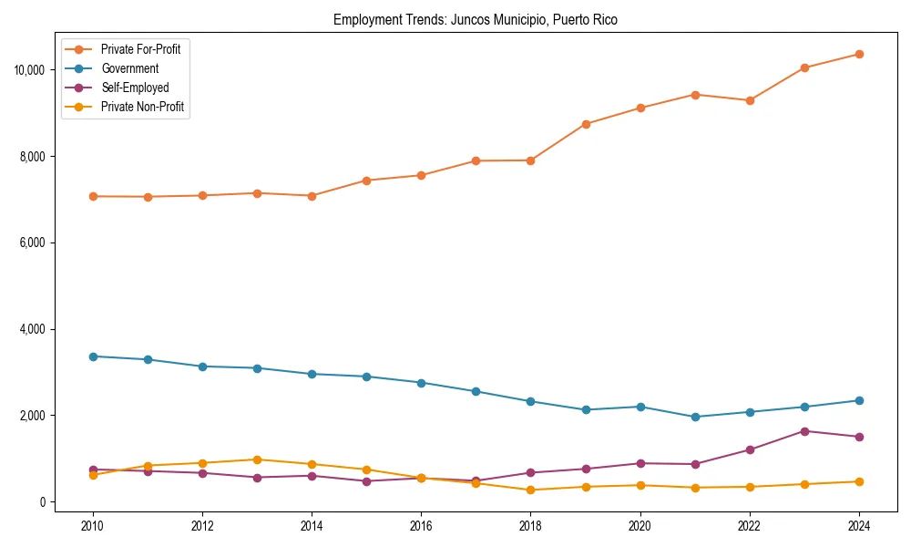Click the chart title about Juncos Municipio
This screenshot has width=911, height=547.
tap(476, 20)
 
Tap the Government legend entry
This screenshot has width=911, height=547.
tap(129, 68)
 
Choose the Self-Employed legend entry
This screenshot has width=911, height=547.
tap(135, 88)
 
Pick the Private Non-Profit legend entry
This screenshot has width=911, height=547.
tap(142, 107)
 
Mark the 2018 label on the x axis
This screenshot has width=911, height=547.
tap(530, 526)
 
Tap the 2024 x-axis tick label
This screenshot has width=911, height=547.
tap(859, 526)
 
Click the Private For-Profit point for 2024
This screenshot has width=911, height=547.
tap(859, 54)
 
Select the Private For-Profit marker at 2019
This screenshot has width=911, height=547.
tap(586, 124)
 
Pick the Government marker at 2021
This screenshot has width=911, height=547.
tap(695, 417)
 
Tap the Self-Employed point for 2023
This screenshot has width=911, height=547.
tap(804, 431)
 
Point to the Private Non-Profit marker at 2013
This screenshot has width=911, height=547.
tap(257, 459)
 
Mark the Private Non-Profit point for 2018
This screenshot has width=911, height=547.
tap(530, 490)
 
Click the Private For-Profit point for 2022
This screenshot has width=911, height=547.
tap(750, 100)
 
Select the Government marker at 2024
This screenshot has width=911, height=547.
tap(859, 400)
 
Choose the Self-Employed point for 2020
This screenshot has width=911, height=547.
tap(640, 463)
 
